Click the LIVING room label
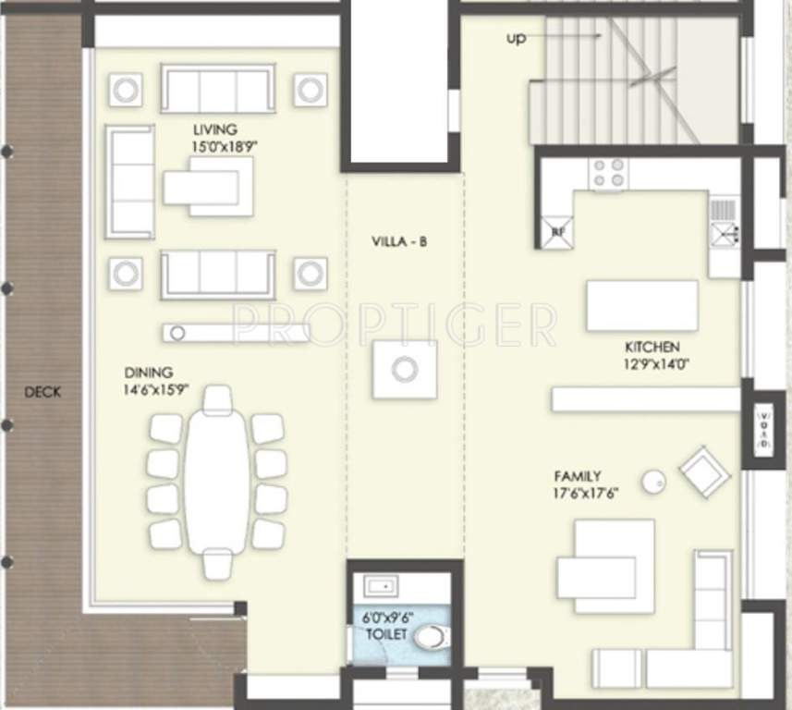pos(214,129)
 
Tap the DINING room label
pos(149,373)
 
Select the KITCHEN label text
pos(652,347)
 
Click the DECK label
pos(43,392)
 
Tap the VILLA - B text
pos(399,242)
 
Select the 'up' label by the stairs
pos(516,39)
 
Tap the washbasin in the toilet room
pos(381,586)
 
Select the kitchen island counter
pos(642,305)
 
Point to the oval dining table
pos(217,481)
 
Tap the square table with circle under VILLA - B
pos(405,370)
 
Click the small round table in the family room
pos(654,480)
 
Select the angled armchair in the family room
pos(705,471)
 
